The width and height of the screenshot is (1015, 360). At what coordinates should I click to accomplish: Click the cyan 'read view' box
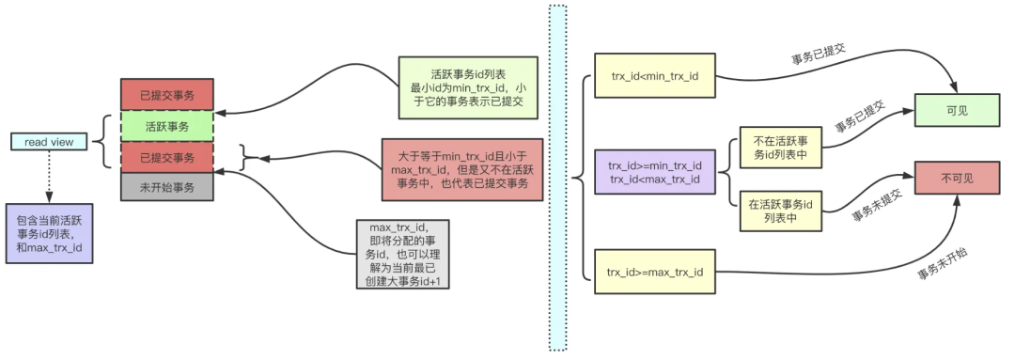[x=49, y=142]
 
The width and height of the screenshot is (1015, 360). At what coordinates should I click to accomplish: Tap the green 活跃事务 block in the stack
[x=167, y=125]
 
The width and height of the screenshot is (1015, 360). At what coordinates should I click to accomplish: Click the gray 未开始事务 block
[x=167, y=187]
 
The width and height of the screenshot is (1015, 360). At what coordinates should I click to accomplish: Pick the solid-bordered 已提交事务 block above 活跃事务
[x=167, y=94]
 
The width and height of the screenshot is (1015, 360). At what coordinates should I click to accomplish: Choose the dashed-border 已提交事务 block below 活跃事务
[x=167, y=157]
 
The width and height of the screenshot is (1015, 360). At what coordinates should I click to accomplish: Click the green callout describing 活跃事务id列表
[x=467, y=87]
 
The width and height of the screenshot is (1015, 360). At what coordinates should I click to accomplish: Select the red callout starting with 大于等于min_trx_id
[x=462, y=169]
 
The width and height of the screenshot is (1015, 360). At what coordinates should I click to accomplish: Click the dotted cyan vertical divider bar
[x=557, y=177]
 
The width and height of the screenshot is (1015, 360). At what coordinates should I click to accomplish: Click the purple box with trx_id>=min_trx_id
[x=654, y=173]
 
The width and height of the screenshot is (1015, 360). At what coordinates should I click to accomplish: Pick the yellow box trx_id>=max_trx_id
[x=654, y=273]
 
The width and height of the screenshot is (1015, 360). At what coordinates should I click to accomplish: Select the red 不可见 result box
[x=957, y=177]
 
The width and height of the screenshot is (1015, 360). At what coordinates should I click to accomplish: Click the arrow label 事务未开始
[x=944, y=268]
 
